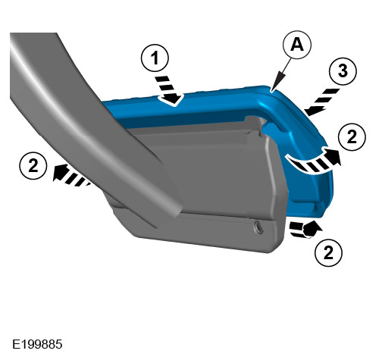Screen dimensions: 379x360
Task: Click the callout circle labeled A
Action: tap(297, 45)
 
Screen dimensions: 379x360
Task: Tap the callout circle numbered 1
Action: tap(155, 58)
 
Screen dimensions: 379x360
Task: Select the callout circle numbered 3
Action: tap(343, 70)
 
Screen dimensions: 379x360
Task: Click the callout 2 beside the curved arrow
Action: tap(352, 137)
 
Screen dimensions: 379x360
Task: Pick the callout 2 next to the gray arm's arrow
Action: tap(33, 166)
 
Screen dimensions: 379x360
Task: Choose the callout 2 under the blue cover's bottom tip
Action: tap(328, 252)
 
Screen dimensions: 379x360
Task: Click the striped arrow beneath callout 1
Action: tap(168, 90)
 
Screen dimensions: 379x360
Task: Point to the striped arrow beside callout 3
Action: tap(321, 102)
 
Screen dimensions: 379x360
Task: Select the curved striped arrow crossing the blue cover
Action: tap(313, 161)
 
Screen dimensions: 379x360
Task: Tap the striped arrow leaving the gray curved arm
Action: tap(70, 175)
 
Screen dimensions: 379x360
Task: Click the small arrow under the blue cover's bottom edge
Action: tap(305, 229)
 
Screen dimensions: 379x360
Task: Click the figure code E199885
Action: tap(37, 344)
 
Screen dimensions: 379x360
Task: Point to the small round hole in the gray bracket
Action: tap(258, 227)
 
